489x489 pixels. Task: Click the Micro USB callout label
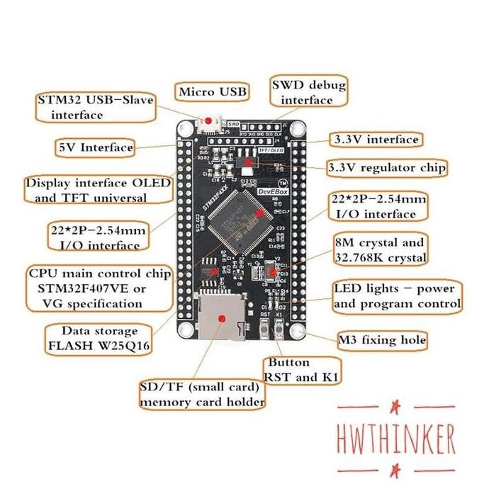tap(213, 92)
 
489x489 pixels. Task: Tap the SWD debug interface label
tap(308, 93)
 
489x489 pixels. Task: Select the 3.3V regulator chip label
tap(386, 168)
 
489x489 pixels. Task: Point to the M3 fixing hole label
tap(383, 340)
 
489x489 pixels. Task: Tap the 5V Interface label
tap(96, 147)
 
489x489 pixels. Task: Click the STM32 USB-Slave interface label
tap(96, 106)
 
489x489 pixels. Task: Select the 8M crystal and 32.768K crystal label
tap(380, 249)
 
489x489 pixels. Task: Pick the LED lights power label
tap(396, 296)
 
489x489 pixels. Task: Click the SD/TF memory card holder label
tap(203, 395)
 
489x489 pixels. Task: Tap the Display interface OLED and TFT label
tap(98, 190)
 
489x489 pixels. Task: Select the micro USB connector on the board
tap(210, 125)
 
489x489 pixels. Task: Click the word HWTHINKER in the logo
tap(396, 440)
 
